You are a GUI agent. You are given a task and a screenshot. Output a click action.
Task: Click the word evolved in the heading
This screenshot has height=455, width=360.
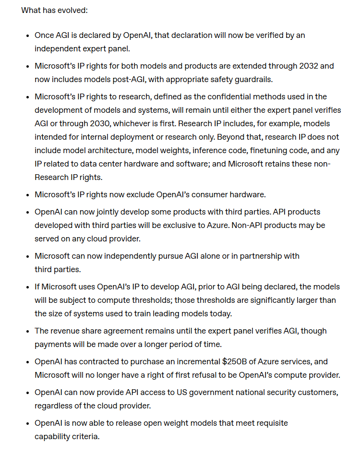point(72,10)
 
